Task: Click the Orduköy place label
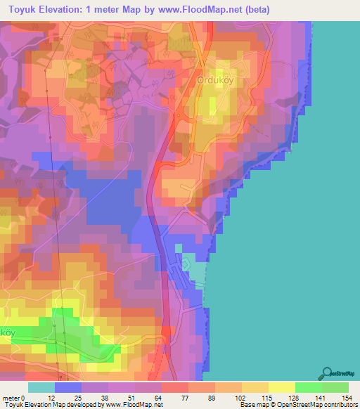pyautogui.click(x=221, y=79)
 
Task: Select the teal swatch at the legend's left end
pyautogui.click(x=41, y=387)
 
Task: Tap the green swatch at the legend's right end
pyautogui.click(x=335, y=387)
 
